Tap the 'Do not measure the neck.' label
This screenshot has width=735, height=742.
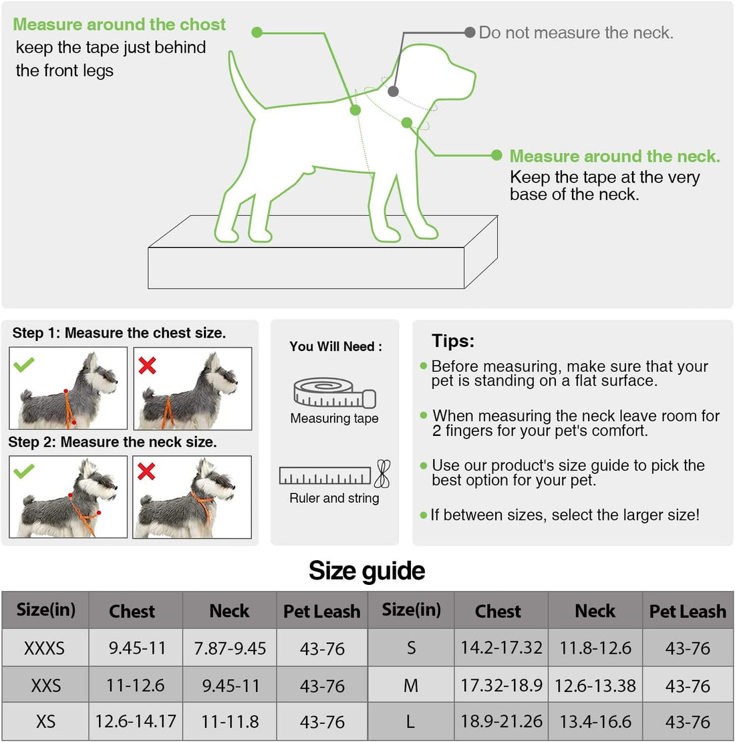point(576,33)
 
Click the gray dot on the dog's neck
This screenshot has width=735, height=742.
point(394,92)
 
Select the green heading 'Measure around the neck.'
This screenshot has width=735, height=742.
point(615,156)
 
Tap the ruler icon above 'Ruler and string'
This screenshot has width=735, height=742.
point(325,475)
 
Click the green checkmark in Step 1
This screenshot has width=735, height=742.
point(24,364)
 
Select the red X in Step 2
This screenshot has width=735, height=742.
point(146,471)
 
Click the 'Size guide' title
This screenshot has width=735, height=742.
point(367,571)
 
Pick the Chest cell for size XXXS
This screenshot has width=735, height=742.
point(137,648)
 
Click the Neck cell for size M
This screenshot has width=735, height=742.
point(595,686)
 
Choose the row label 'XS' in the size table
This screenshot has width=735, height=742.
point(45,722)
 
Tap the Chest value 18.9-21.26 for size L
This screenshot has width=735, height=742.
point(501,722)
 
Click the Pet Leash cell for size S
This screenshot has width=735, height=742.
point(688,648)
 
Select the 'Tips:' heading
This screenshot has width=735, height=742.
point(453,341)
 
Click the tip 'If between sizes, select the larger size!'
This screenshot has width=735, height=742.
point(565,515)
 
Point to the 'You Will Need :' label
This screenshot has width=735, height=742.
point(335,346)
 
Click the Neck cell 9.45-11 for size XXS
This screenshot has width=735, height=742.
point(230,686)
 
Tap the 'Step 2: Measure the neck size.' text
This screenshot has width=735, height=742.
point(112,442)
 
